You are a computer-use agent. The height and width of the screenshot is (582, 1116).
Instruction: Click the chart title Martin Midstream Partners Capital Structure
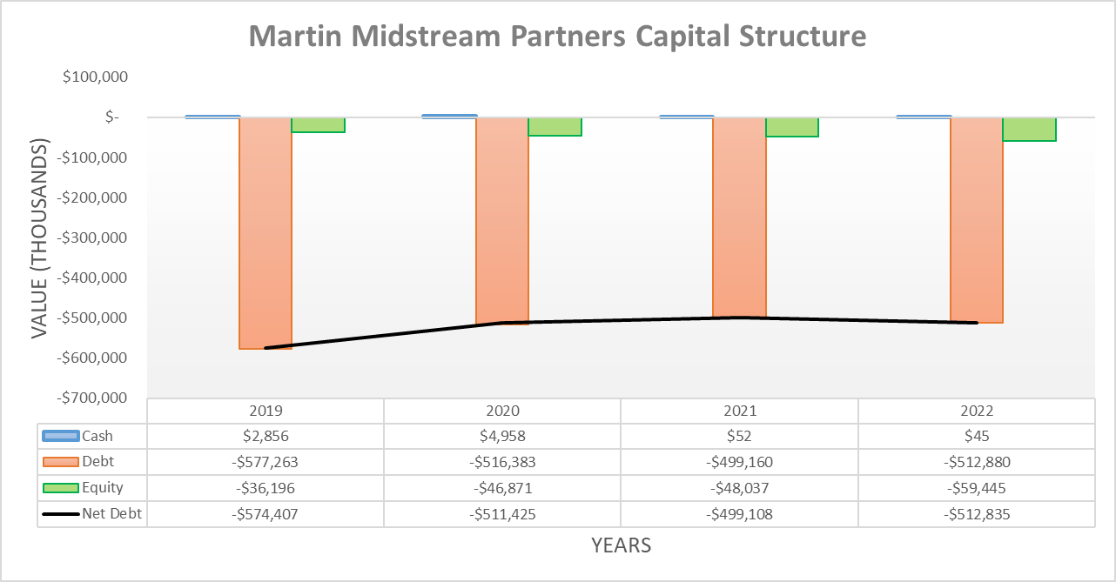[x=557, y=37]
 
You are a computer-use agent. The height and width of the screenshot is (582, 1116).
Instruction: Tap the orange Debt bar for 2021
[x=739, y=217]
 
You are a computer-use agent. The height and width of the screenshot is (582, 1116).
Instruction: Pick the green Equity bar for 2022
[x=1029, y=129]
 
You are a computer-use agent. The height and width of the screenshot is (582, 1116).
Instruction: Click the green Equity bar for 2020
[x=555, y=126]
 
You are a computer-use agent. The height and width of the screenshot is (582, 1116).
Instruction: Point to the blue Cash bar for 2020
[x=449, y=116]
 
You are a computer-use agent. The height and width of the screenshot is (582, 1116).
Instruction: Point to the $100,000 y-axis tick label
[x=95, y=77]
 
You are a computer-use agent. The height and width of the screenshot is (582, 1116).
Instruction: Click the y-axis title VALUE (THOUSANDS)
[x=40, y=237]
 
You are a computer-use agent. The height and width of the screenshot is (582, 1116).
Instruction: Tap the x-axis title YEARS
[x=621, y=545]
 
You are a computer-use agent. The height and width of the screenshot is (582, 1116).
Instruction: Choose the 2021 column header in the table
[x=739, y=411]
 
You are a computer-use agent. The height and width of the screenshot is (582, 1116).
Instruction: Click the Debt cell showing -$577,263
[x=266, y=462]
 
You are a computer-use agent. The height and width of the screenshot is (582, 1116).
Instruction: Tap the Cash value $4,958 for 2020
[x=502, y=436]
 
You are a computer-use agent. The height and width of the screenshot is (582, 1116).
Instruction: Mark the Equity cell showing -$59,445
[x=977, y=488]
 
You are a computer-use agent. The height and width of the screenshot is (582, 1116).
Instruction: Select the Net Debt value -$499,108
[x=739, y=514]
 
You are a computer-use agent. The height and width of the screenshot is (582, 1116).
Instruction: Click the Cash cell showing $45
[x=977, y=436]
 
